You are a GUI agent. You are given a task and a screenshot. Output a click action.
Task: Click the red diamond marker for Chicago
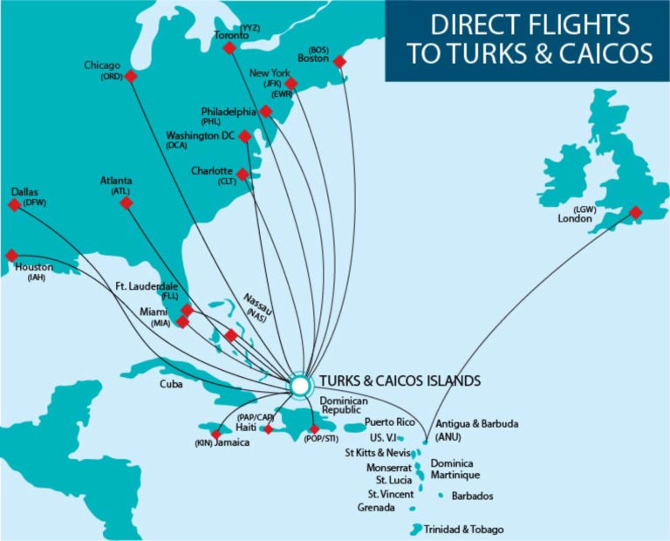[131, 76]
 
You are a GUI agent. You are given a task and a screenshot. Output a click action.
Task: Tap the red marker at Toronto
[229, 48]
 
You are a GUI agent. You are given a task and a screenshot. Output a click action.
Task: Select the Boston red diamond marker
[340, 61]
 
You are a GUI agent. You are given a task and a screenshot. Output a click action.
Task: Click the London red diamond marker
[636, 212]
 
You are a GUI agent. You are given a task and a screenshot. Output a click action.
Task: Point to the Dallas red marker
[13, 205]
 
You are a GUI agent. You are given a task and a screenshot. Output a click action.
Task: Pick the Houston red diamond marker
[11, 256]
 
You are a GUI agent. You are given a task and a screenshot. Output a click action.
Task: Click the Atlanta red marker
[126, 202]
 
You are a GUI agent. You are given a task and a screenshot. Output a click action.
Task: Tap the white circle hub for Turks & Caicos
[299, 384]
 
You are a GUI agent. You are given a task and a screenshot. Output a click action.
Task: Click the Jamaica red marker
[215, 434]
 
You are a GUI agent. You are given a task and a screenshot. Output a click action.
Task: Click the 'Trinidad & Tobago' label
[463, 530]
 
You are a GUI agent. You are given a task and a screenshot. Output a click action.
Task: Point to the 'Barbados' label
[472, 496]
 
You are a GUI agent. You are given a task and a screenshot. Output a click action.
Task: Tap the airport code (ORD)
[110, 77]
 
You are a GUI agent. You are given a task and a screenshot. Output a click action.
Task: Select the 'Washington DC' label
[201, 135]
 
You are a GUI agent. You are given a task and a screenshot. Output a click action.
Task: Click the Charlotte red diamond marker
[243, 175]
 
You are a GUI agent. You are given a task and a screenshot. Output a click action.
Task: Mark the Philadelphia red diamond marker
[265, 112]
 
